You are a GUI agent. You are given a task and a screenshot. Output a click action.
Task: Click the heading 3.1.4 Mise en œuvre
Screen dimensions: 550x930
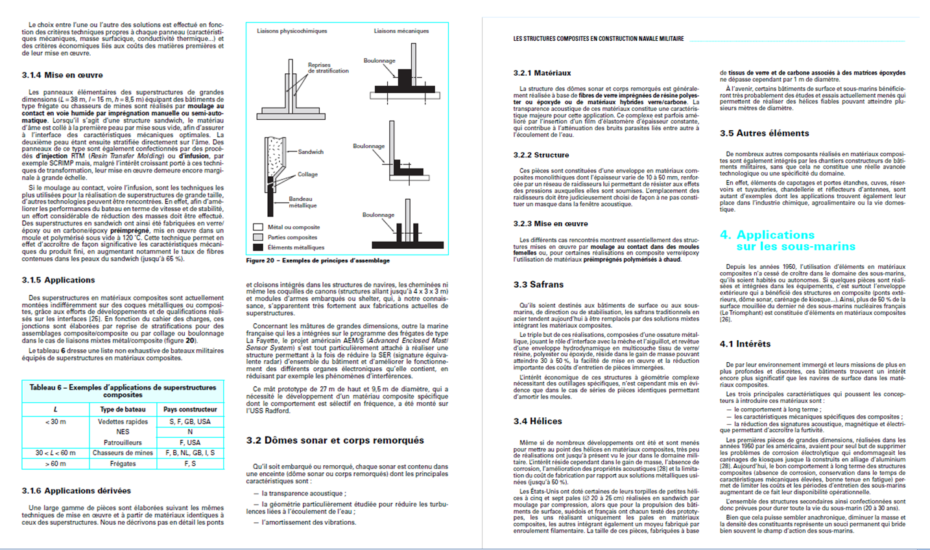(x=62, y=75)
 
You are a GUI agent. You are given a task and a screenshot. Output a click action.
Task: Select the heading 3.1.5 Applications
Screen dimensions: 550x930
(x=58, y=280)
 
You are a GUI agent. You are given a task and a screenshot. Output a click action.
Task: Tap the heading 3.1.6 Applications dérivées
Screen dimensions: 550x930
(x=76, y=490)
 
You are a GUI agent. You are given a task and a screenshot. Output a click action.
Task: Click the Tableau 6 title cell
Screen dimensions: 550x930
(x=123, y=391)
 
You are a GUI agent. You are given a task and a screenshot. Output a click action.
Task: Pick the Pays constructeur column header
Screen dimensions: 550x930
(x=190, y=409)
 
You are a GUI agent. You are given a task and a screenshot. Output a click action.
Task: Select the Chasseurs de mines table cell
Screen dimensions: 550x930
(x=123, y=453)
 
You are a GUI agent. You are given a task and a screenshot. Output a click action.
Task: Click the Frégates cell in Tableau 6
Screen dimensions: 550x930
(x=123, y=464)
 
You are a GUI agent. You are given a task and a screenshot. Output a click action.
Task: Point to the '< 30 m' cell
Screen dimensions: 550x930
(x=55, y=422)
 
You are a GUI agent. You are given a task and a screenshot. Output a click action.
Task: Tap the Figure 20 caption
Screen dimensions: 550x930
(x=318, y=260)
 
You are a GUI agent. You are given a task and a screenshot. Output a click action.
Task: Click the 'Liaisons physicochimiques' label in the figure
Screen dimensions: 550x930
(x=292, y=31)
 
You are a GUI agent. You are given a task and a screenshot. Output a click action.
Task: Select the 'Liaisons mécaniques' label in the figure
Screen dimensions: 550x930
(x=401, y=31)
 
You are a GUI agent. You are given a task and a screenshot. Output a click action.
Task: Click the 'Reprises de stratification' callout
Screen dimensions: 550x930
(x=328, y=67)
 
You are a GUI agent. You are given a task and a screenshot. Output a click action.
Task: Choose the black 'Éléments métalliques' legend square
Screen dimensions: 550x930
(x=257, y=247)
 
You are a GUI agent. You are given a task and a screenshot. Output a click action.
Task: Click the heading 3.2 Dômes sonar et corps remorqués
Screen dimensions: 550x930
(x=335, y=441)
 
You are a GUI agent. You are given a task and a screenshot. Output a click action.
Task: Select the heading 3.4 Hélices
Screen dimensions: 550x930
(x=538, y=421)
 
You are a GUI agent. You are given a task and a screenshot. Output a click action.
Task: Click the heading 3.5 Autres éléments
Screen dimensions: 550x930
(x=764, y=133)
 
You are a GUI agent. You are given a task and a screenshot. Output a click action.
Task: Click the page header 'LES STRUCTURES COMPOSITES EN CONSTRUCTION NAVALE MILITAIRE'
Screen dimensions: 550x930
(x=598, y=39)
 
